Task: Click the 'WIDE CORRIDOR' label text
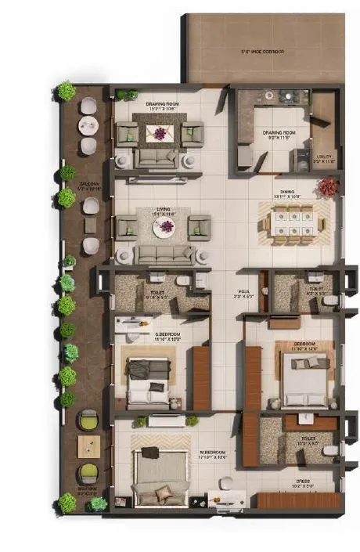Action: pyautogui.click(x=262, y=52)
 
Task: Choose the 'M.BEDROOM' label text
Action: pyautogui.click(x=213, y=452)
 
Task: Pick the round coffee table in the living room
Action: pyautogui.click(x=164, y=228)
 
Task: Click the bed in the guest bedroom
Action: pyautogui.click(x=149, y=381)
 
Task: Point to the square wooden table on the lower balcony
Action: pyautogui.click(x=88, y=447)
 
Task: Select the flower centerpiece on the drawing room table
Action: pyautogui.click(x=160, y=133)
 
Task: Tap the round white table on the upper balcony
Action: pyautogui.click(x=88, y=123)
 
